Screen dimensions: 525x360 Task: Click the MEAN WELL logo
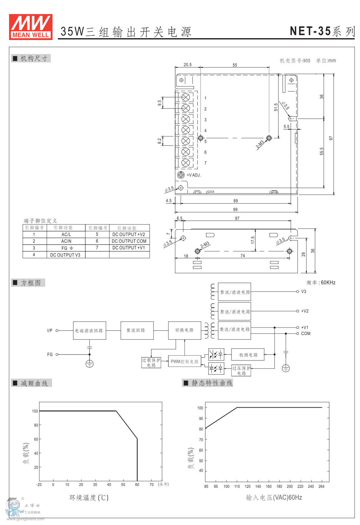coord(31,27)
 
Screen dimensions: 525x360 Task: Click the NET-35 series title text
coord(322,31)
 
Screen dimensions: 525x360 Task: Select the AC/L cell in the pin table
coord(66,234)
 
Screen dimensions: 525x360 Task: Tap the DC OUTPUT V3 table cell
coord(65,255)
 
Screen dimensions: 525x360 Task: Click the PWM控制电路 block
coord(185,362)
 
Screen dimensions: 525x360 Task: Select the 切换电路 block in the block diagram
coord(185,330)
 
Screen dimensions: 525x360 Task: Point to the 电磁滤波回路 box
coord(89,331)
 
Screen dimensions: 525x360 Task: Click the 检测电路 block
coord(248,355)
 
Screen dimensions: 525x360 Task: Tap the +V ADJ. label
coord(194,175)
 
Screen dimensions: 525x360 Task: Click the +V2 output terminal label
coord(305,311)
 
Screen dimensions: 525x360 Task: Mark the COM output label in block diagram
coord(306,334)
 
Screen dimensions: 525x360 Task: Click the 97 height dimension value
coord(331,138)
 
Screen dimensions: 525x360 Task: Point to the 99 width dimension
coord(235,210)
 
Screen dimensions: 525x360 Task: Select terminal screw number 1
coord(186,97)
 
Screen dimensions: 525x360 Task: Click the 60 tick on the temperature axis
coord(137,485)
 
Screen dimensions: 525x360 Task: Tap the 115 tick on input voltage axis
coord(237,487)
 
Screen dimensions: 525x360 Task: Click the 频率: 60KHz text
coord(321,283)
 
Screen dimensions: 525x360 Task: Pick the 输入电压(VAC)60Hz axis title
coord(274,497)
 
